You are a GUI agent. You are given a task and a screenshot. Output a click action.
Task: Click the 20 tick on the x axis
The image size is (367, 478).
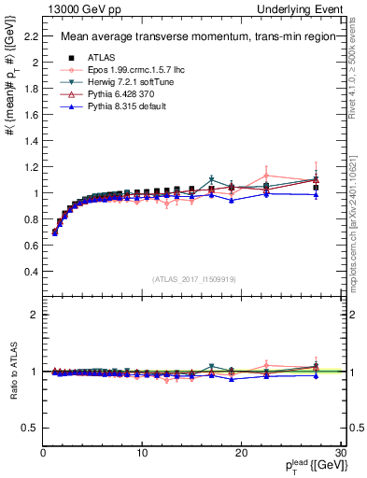coord(241,453)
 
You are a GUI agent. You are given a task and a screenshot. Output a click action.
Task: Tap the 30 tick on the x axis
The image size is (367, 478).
coord(339,453)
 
